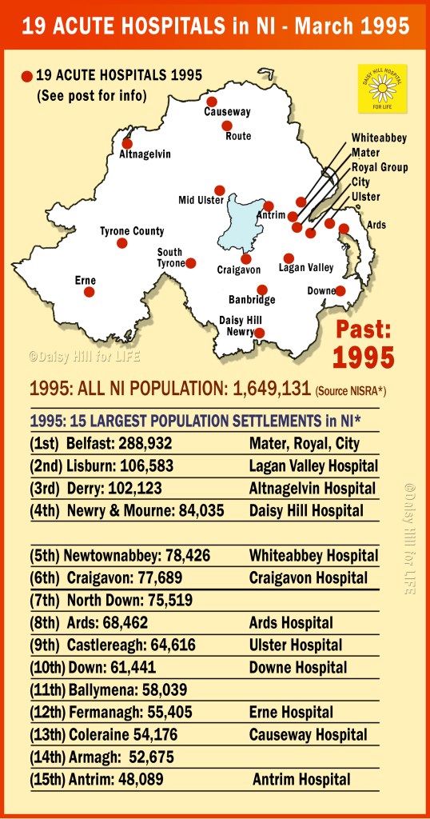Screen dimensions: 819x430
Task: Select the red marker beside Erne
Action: tap(90, 292)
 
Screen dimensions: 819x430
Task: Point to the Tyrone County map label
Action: tap(132, 231)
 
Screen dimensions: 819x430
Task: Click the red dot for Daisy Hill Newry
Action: tap(259, 334)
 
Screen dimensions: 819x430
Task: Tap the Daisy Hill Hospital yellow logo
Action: tap(382, 88)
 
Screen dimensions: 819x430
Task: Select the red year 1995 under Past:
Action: tap(364, 357)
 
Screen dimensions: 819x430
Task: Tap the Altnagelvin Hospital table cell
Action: tap(308, 488)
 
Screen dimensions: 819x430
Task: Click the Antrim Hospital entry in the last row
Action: tap(301, 779)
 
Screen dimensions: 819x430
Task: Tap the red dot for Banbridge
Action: tap(261, 290)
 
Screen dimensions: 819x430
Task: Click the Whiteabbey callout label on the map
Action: tap(379, 138)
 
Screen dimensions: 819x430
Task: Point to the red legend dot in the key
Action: tap(27, 76)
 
